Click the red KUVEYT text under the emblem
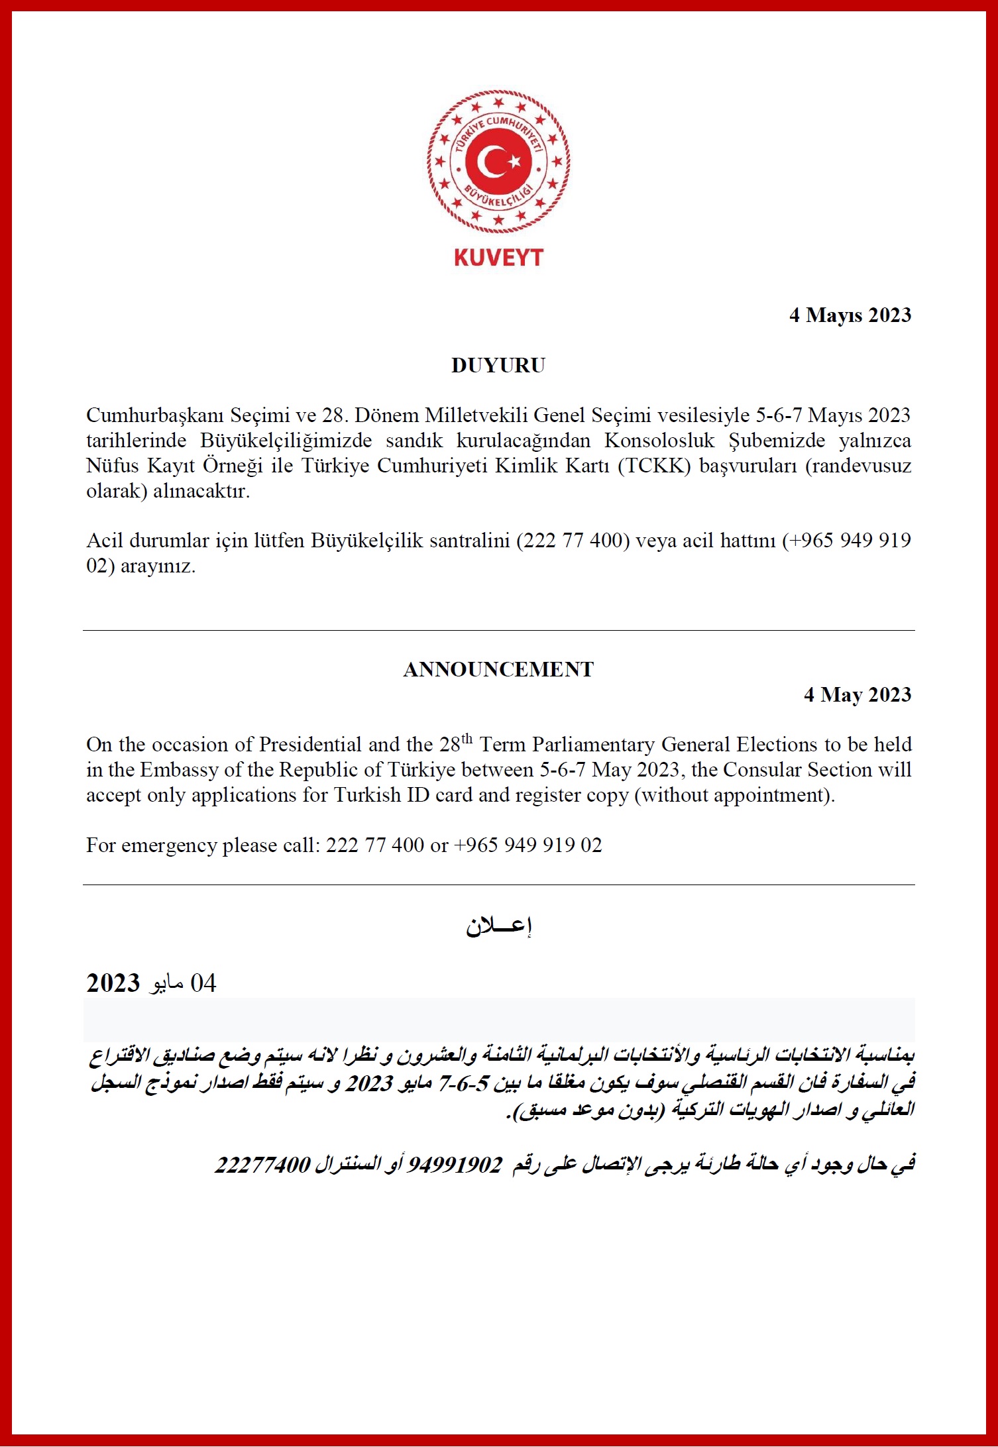pyautogui.click(x=498, y=258)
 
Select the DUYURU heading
pyautogui.click(x=498, y=365)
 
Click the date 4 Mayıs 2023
pyautogui.click(x=850, y=315)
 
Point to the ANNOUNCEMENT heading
pyautogui.click(x=498, y=669)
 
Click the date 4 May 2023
pyautogui.click(x=858, y=694)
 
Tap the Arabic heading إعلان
pyautogui.click(x=498, y=926)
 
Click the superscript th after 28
pyautogui.click(x=467, y=738)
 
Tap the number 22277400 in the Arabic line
pyautogui.click(x=262, y=1163)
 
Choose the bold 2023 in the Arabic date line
pyautogui.click(x=113, y=983)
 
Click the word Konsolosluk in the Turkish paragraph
pyautogui.click(x=659, y=441)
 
